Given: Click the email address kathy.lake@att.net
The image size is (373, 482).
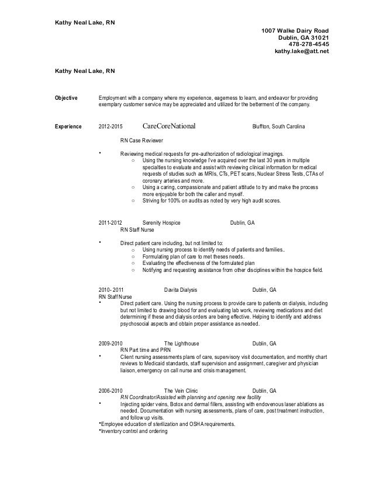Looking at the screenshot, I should [302, 51].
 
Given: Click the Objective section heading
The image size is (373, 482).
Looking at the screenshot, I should [67, 97].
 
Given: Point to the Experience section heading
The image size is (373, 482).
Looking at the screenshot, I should [68, 126].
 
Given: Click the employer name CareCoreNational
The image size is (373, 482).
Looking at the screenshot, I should [169, 126].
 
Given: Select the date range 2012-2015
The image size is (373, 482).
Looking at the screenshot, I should [111, 126].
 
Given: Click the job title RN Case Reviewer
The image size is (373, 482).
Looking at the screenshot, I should [141, 141].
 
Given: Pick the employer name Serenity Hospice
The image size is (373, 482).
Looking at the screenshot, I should [162, 223].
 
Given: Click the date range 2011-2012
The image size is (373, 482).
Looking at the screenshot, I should [110, 223].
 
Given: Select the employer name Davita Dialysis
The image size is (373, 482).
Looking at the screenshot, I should [181, 289].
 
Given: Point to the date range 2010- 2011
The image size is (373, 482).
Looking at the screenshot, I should [112, 289].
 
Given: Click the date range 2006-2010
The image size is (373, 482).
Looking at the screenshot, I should [110, 390].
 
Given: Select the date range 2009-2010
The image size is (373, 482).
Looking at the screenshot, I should [110, 343].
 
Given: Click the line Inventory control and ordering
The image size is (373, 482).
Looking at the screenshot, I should [134, 432].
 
